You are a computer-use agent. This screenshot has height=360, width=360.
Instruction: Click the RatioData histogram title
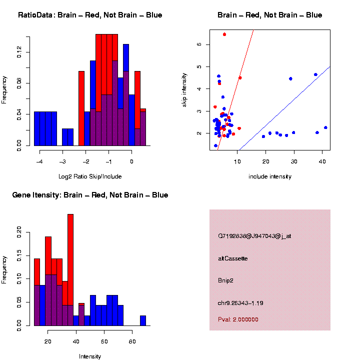(x=90, y=15)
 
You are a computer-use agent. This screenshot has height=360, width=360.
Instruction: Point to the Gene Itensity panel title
(x=90, y=194)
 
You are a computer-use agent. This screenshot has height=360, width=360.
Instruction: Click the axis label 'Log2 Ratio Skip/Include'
(x=90, y=176)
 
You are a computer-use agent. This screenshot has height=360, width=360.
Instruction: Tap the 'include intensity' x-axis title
(x=269, y=176)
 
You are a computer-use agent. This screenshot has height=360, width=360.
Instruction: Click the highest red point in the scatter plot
(x=224, y=34)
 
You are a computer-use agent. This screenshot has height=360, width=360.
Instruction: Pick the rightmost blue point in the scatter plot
(x=325, y=127)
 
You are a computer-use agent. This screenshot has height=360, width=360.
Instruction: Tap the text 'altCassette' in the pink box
(x=233, y=258)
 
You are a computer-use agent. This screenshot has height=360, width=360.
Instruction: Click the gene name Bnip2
(x=225, y=280)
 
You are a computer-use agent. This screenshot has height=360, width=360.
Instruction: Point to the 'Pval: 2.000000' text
(x=238, y=319)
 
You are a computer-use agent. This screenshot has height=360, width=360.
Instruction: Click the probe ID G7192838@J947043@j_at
(x=254, y=236)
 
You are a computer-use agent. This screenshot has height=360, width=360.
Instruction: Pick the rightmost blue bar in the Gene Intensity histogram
(x=143, y=320)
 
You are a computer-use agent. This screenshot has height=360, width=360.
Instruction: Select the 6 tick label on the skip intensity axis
(x=199, y=44)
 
